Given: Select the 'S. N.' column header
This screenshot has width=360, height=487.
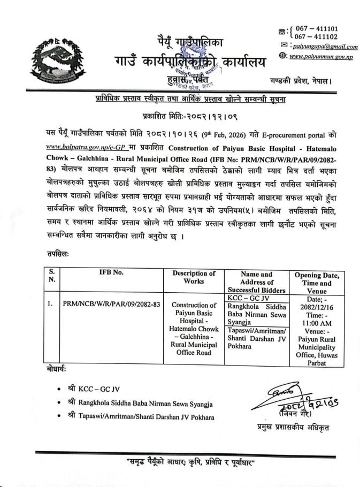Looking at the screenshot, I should pyautogui.click(x=52, y=276).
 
